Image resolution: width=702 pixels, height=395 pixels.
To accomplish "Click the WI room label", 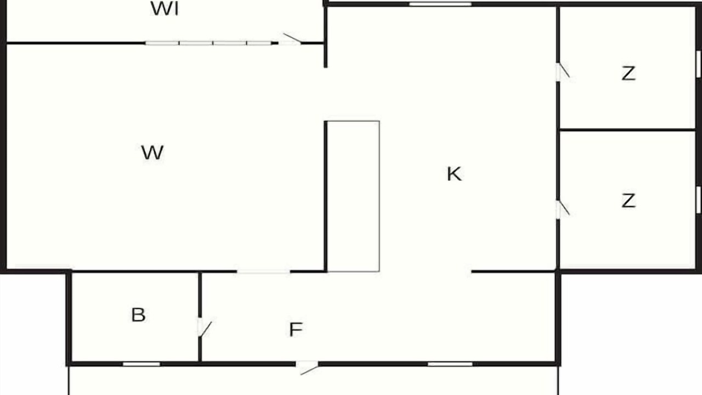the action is (165, 9).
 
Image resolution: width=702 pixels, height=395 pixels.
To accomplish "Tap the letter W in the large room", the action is (152, 153).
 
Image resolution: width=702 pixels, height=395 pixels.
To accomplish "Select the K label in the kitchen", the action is (454, 174).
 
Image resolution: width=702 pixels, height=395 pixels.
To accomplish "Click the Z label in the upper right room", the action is (629, 73).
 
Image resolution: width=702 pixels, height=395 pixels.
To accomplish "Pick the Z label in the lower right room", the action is (629, 201).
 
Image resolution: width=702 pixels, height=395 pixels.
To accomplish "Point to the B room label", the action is (138, 315).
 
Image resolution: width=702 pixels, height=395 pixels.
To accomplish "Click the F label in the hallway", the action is (296, 330).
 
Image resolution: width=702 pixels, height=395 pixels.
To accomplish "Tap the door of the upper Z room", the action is (562, 71).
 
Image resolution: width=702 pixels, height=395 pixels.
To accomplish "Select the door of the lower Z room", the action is (562, 209).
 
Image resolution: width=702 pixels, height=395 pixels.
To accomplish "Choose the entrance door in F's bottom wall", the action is (308, 368).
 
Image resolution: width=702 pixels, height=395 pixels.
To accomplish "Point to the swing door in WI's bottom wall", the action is (290, 39).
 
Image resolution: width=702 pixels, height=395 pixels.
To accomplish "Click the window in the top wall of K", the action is (440, 4).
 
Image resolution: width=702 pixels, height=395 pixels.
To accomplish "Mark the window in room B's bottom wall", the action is (141, 364).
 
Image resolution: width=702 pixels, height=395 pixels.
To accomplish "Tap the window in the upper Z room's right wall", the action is (699, 64).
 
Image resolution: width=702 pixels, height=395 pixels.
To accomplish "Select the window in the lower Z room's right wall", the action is (699, 200).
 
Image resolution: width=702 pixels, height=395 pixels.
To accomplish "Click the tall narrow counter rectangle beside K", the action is (353, 196).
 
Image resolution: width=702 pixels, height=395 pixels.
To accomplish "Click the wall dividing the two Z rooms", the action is (628, 129).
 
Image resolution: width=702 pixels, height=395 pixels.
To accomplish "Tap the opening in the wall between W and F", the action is (263, 272).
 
